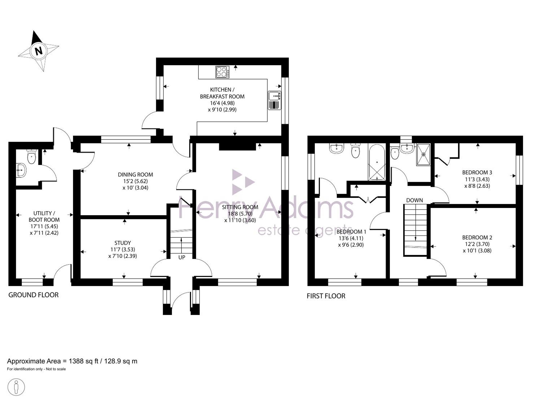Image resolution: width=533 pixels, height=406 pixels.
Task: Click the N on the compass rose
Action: pos(39,51)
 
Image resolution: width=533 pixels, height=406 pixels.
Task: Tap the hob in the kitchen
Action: pos(222,72)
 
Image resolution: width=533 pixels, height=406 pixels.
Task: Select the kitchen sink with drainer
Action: pos(274,100)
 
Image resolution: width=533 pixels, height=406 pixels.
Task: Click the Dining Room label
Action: pos(135,175)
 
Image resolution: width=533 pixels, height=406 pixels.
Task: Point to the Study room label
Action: pos(123,243)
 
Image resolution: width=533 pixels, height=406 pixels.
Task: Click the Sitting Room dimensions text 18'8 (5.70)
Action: pos(240,214)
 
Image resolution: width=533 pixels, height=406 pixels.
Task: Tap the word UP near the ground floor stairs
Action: pos(182,258)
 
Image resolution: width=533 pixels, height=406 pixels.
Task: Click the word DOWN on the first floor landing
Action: pos(414,200)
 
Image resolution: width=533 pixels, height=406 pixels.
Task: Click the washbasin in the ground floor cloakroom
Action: pos(21,170)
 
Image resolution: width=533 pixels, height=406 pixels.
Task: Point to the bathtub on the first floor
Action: pos(377,162)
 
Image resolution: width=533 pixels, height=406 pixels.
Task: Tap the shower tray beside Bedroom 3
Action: pos(423,155)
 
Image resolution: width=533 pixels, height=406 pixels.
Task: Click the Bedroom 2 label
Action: pos(477,237)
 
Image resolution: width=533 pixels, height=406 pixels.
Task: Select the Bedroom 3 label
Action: pos(477,172)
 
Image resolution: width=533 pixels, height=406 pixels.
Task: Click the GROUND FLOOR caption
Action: pos(33,295)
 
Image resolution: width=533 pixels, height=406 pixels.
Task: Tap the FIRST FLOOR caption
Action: pos(326,296)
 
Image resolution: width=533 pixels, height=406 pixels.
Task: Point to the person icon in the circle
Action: pos(16,387)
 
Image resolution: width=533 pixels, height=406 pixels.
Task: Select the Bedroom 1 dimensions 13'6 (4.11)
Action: pos(351,238)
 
